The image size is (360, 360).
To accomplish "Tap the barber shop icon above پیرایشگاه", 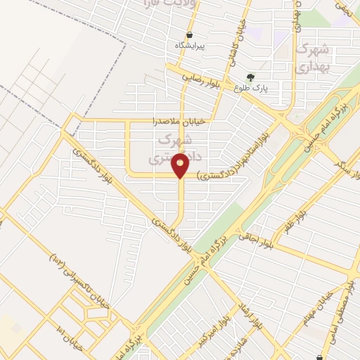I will point(190,34).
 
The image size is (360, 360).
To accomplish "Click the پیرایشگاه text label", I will point(190,46).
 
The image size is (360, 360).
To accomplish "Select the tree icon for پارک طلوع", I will point(250,77).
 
